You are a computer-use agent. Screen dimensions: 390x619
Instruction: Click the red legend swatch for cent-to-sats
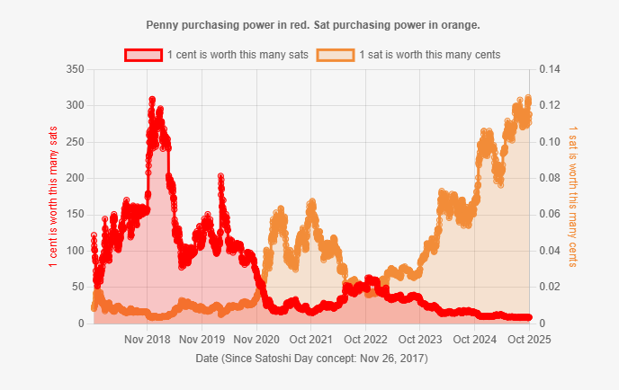tap(143, 55)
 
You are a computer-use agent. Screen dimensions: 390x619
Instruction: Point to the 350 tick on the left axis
tap(76, 69)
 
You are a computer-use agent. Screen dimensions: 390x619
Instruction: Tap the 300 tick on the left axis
tap(76, 105)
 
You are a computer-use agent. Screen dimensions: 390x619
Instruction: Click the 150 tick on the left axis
tap(76, 214)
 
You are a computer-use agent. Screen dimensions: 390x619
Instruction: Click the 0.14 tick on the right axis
tap(551, 69)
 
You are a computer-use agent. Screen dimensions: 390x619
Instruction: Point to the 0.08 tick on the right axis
tap(551, 178)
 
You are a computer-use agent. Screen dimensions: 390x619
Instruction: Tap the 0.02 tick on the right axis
tap(551, 287)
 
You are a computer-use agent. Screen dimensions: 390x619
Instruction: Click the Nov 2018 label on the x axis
tap(148, 340)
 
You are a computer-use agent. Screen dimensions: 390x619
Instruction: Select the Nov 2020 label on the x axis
tap(256, 340)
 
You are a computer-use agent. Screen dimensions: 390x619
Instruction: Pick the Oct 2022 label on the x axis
tap(365, 340)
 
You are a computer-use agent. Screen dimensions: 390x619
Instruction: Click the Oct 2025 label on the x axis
tap(528, 340)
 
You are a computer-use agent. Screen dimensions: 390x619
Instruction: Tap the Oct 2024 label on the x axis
tap(474, 340)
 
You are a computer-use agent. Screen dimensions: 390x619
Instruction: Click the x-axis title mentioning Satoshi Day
tap(311, 358)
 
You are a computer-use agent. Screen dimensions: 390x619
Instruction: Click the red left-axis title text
tap(53, 196)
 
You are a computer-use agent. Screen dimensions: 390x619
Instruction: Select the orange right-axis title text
tap(573, 196)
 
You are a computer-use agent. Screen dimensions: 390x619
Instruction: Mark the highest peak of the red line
tap(152, 100)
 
